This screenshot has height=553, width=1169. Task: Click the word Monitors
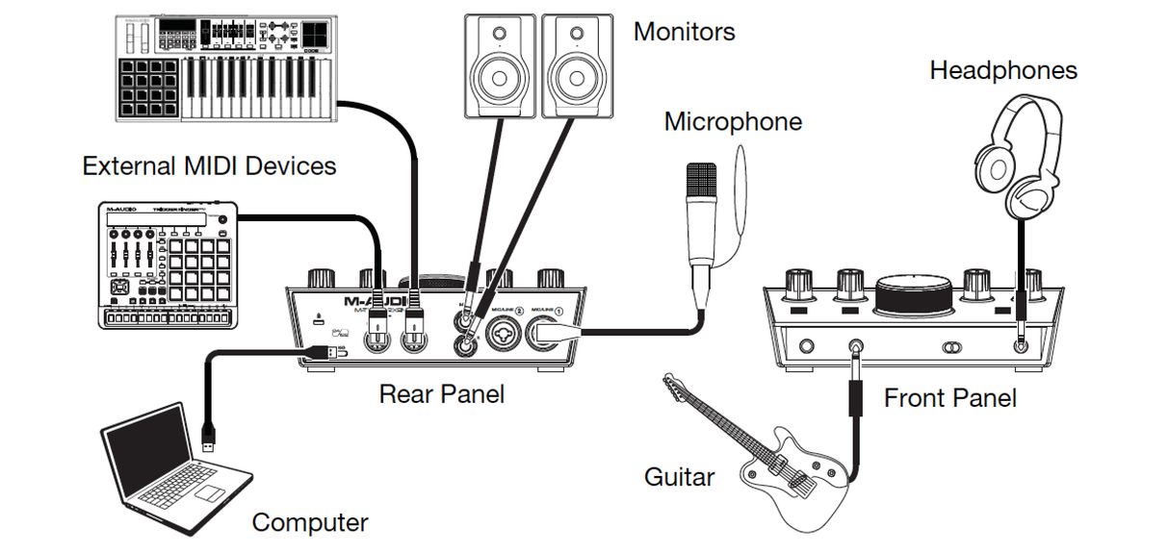(684, 31)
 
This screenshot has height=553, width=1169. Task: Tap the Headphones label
(1002, 70)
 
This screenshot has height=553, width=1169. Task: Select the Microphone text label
(733, 122)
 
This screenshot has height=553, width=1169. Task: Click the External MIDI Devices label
(209, 166)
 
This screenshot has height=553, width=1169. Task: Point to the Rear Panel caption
(441, 393)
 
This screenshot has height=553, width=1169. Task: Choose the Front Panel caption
(949, 397)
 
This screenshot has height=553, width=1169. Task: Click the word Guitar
(679, 476)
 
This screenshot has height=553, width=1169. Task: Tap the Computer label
(309, 522)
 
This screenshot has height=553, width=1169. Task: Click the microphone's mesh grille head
(700, 183)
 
